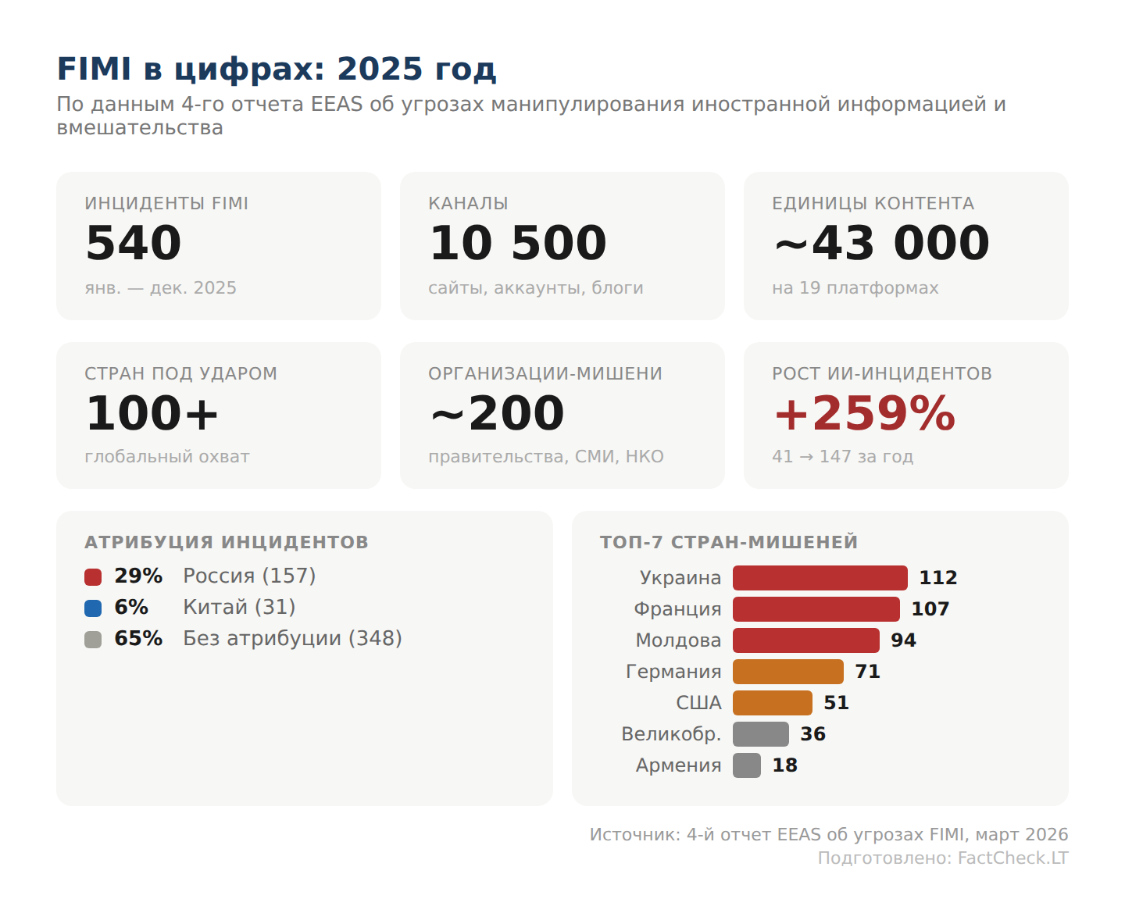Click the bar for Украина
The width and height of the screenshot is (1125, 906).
pyautogui.click(x=820, y=578)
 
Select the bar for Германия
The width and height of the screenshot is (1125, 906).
pyautogui.click(x=787, y=672)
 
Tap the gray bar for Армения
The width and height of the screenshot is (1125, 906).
pyautogui.click(x=746, y=765)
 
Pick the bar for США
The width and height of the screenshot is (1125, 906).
pyautogui.click(x=772, y=703)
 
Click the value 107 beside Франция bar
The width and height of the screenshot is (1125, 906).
pyautogui.click(x=930, y=609)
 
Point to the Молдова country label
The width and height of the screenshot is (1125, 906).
pyautogui.click(x=678, y=640)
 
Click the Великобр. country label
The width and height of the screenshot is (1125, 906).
pyautogui.click(x=671, y=734)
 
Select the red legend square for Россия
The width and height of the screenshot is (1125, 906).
pyautogui.click(x=93, y=577)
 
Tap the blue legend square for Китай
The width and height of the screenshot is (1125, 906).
pyautogui.click(x=93, y=608)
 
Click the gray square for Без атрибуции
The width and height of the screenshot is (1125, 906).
pyautogui.click(x=93, y=640)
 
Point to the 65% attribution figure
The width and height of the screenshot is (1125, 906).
pyautogui.click(x=138, y=639)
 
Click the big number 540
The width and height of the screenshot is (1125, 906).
pyautogui.click(x=134, y=243)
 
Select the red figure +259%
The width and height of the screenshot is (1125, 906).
pyautogui.click(x=864, y=413)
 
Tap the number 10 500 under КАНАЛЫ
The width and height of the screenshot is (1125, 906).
pyautogui.click(x=518, y=243)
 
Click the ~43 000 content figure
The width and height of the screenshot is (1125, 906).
pyautogui.click(x=881, y=243)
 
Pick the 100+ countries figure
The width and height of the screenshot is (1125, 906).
pyautogui.click(x=152, y=413)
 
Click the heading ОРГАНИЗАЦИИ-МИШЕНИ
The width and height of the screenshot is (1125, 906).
pyautogui.click(x=545, y=374)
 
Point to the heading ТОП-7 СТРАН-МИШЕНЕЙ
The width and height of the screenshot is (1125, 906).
pyautogui.click(x=728, y=542)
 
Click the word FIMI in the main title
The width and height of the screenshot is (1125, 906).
pyautogui.click(x=94, y=70)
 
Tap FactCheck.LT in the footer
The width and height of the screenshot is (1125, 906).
pyautogui.click(x=1012, y=858)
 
